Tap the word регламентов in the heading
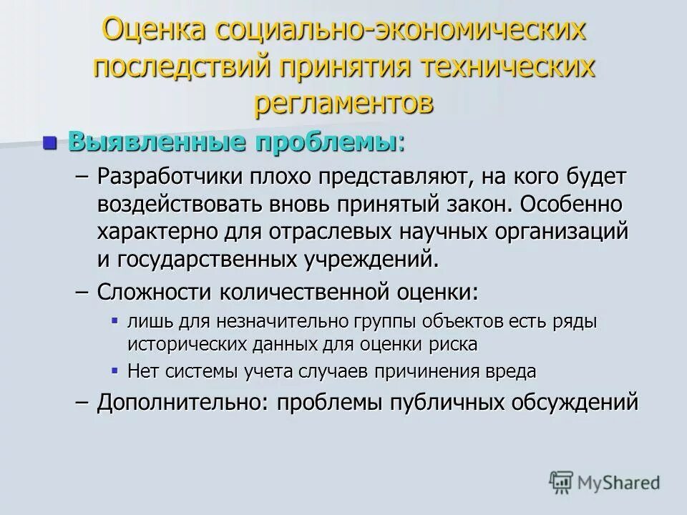343,102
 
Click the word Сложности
159,292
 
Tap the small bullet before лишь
115,320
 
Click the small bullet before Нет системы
115,369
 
